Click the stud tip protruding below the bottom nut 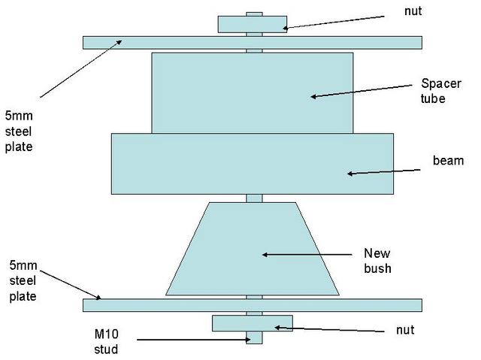(254, 337)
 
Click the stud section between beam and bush (254, 198)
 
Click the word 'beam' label (448, 161)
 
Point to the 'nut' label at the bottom (404, 330)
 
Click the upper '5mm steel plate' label (20, 132)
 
